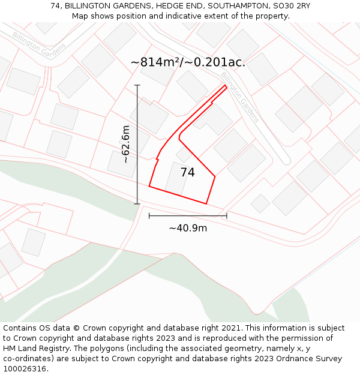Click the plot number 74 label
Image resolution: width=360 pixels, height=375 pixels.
(187, 172)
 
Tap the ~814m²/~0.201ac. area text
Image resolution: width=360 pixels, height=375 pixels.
(188, 62)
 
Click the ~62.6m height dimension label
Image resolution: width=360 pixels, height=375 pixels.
(125, 144)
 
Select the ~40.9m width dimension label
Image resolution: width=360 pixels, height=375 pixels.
(188, 228)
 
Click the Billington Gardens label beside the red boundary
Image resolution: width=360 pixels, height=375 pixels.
(240, 97)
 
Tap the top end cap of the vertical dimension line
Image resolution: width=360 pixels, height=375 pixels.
(137, 85)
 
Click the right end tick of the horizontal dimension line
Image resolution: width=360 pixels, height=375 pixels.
(227, 215)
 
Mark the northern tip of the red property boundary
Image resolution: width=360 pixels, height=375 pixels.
(226, 86)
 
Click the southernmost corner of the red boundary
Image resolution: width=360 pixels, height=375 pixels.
(206, 203)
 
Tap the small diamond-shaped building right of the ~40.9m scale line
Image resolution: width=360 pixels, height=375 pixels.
(260, 203)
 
